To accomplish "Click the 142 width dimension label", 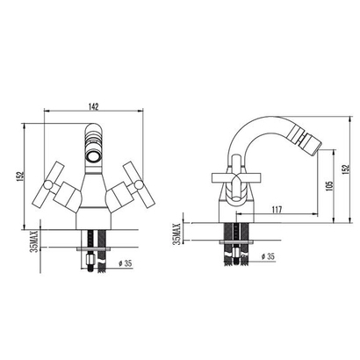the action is pos(93,106).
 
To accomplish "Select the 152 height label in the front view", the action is pos(19,176).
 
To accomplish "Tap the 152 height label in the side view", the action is pos(346,169).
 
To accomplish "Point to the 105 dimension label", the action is pos(329,186).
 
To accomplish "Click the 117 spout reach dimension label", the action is pos(277,210).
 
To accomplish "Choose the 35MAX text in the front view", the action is pos(34,241).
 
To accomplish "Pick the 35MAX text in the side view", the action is pos(177,234).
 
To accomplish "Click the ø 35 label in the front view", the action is pos(126,263).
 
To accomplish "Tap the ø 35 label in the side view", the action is pos(268,256).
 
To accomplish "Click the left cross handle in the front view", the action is pos(54,184).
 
